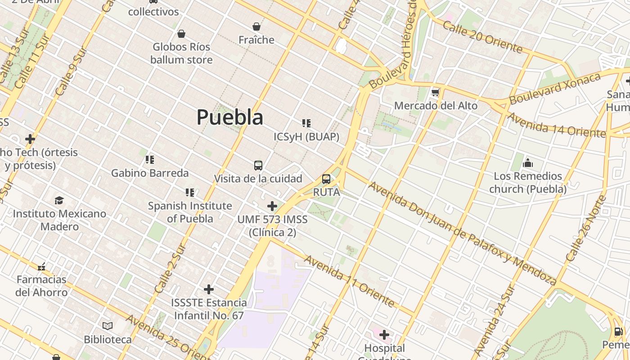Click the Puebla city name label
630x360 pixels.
229,117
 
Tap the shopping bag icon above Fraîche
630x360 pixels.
256,27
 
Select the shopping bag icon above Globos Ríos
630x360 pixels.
181,34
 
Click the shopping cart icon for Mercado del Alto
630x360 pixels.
435,92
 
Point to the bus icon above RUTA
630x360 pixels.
326,179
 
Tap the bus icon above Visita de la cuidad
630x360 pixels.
258,166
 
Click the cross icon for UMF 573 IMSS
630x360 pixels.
272,206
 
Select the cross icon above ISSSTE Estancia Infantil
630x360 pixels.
209,289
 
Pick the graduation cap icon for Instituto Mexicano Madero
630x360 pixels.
59,200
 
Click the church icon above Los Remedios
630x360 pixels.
528,162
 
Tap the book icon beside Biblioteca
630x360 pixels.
108,326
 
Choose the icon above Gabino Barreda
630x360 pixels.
150,160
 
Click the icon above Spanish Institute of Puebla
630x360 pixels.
190,193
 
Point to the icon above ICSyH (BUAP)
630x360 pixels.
306,123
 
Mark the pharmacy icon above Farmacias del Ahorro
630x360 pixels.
41,266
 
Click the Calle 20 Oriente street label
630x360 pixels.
482,37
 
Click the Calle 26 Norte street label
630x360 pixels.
585,229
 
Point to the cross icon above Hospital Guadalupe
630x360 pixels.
384,335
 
